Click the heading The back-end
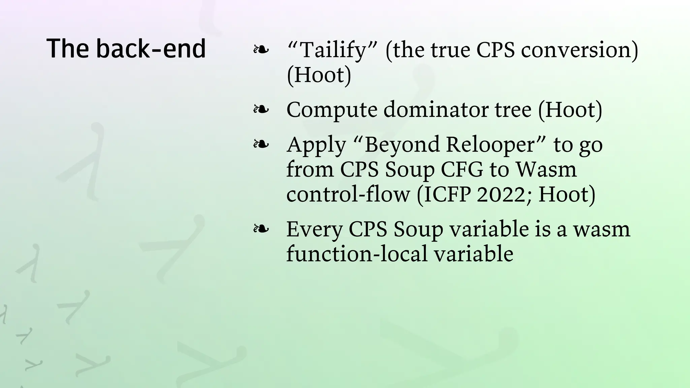point(126,48)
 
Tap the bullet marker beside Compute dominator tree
point(261,109)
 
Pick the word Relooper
point(491,145)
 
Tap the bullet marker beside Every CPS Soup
point(261,229)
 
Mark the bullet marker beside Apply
point(261,144)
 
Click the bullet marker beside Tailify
point(261,50)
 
